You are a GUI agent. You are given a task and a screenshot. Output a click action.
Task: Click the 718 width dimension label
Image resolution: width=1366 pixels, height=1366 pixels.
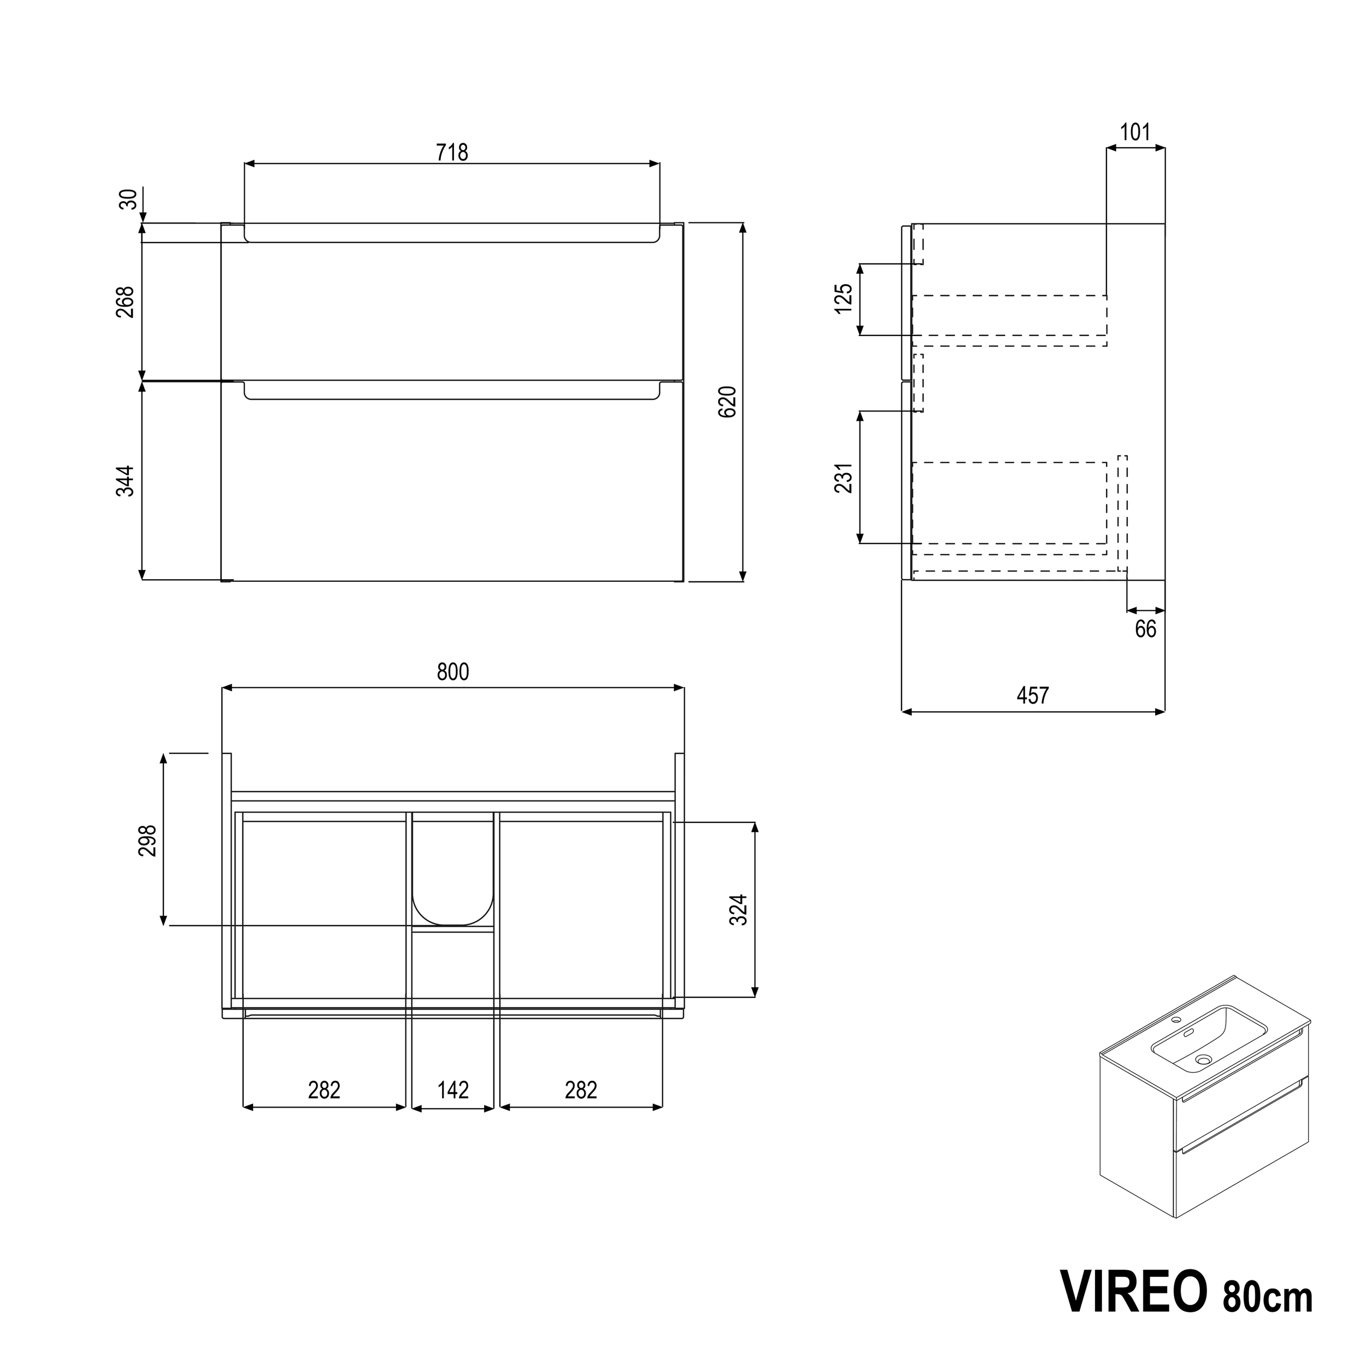452,152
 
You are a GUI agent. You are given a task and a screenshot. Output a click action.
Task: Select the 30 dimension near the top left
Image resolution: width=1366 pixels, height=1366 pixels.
128,200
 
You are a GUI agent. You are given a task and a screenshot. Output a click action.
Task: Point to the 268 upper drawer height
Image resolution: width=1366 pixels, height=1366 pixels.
125,302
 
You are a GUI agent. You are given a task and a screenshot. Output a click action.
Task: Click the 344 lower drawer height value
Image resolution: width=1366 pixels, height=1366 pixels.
125,481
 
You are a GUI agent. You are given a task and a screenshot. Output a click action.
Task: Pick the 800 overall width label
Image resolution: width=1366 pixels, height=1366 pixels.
452,672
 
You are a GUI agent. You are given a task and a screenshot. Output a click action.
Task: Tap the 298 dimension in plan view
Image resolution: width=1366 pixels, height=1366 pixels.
147,841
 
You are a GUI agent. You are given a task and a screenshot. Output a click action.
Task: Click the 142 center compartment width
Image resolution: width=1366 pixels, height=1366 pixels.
452,1090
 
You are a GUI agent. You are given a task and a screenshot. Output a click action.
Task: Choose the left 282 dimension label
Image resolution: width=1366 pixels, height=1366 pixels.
324,1090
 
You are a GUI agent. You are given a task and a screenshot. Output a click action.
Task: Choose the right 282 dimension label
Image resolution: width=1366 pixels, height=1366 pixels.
580,1090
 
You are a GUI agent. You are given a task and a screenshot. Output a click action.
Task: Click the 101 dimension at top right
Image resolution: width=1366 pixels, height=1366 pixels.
1135,132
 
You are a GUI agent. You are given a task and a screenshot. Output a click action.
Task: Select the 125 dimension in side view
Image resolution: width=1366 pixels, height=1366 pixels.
844,299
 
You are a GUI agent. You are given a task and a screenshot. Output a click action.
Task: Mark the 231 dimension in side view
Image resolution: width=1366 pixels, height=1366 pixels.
844,478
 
